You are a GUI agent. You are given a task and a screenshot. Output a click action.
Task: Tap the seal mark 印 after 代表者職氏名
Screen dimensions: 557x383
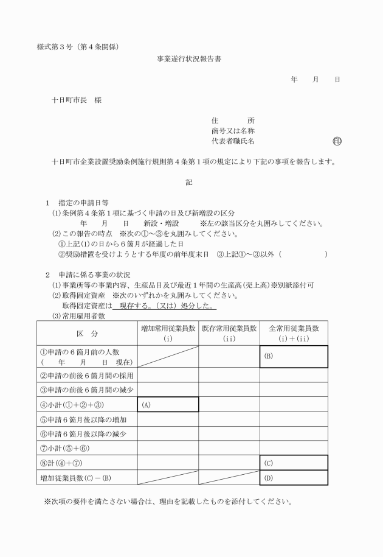pos(337,141)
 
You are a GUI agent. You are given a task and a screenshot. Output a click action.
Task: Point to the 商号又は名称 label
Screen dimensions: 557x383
pos(232,131)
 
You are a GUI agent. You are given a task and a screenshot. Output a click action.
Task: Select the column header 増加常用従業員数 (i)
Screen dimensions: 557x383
pos(168,333)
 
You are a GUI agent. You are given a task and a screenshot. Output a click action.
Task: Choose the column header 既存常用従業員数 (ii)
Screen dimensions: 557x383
pos(229,333)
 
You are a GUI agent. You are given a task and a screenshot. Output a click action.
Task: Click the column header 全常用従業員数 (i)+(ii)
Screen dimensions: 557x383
pos(294,333)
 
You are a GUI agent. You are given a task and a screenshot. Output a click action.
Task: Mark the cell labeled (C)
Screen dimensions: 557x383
pos(294,463)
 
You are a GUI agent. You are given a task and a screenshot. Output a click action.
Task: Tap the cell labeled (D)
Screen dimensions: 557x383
pos(294,477)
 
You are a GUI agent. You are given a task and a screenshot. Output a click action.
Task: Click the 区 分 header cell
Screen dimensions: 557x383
pos(87,334)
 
